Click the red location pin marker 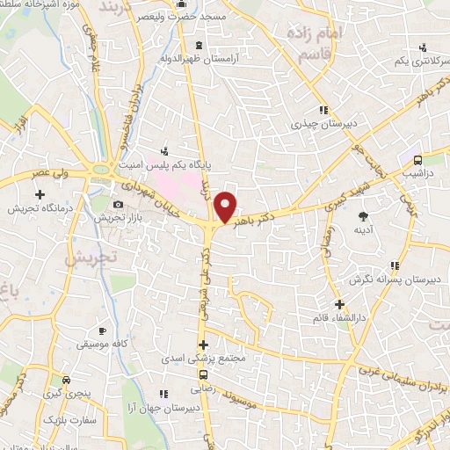pyautogui.click(x=226, y=207)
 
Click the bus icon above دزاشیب pyautogui.click(x=417, y=160)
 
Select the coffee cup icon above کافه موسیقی pyautogui.click(x=102, y=331)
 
